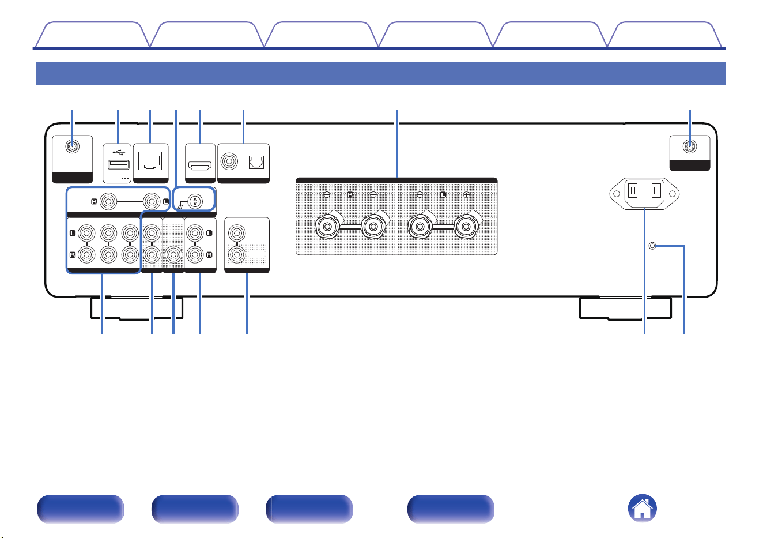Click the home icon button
coord(642,508)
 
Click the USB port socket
coord(118,165)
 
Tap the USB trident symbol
coord(119,152)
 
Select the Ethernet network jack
coord(150,161)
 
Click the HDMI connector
coord(200,166)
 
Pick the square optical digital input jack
coord(256,162)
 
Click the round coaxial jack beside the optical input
coord(229,161)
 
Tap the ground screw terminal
coord(195,201)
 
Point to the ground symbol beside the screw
coord(181,205)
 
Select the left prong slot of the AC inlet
coord(633,190)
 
